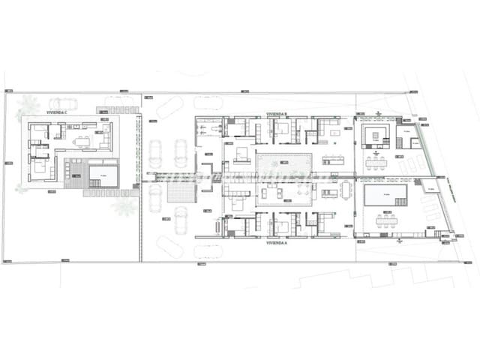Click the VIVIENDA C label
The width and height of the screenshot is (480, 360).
57,112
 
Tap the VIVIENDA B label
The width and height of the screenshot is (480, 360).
277,114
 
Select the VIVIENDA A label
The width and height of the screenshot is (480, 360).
277,243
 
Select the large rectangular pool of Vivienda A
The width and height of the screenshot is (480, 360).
385,196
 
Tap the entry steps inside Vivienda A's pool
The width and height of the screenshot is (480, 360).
401,202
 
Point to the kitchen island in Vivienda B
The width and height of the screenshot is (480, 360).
333,160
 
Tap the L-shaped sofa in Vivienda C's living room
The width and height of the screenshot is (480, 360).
106,137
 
